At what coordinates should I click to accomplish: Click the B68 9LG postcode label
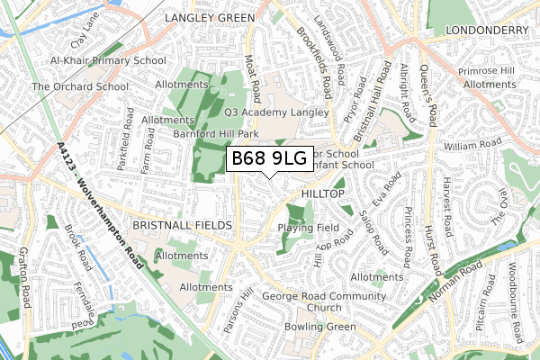pos(269,159)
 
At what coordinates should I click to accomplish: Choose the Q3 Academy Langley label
pos(272,112)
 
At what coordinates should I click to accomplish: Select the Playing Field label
pos(308,228)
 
